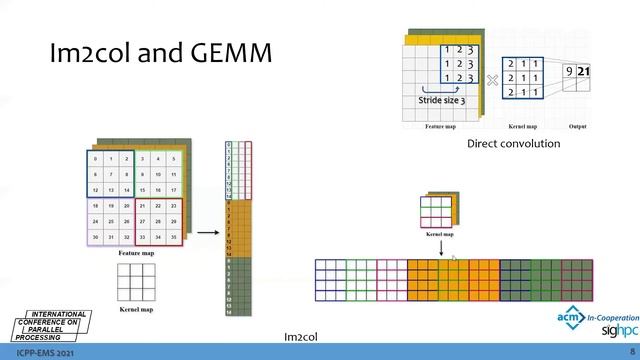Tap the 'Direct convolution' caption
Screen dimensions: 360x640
pyautogui.click(x=514, y=144)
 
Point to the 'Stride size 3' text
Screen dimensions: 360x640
pyautogui.click(x=440, y=100)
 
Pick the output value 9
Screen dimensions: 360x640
pyautogui.click(x=568, y=71)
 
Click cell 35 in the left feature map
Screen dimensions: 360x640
pyautogui.click(x=173, y=237)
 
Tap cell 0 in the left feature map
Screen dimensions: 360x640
pyautogui.click(x=95, y=159)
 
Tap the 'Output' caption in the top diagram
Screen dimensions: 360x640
pyautogui.click(x=576, y=128)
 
